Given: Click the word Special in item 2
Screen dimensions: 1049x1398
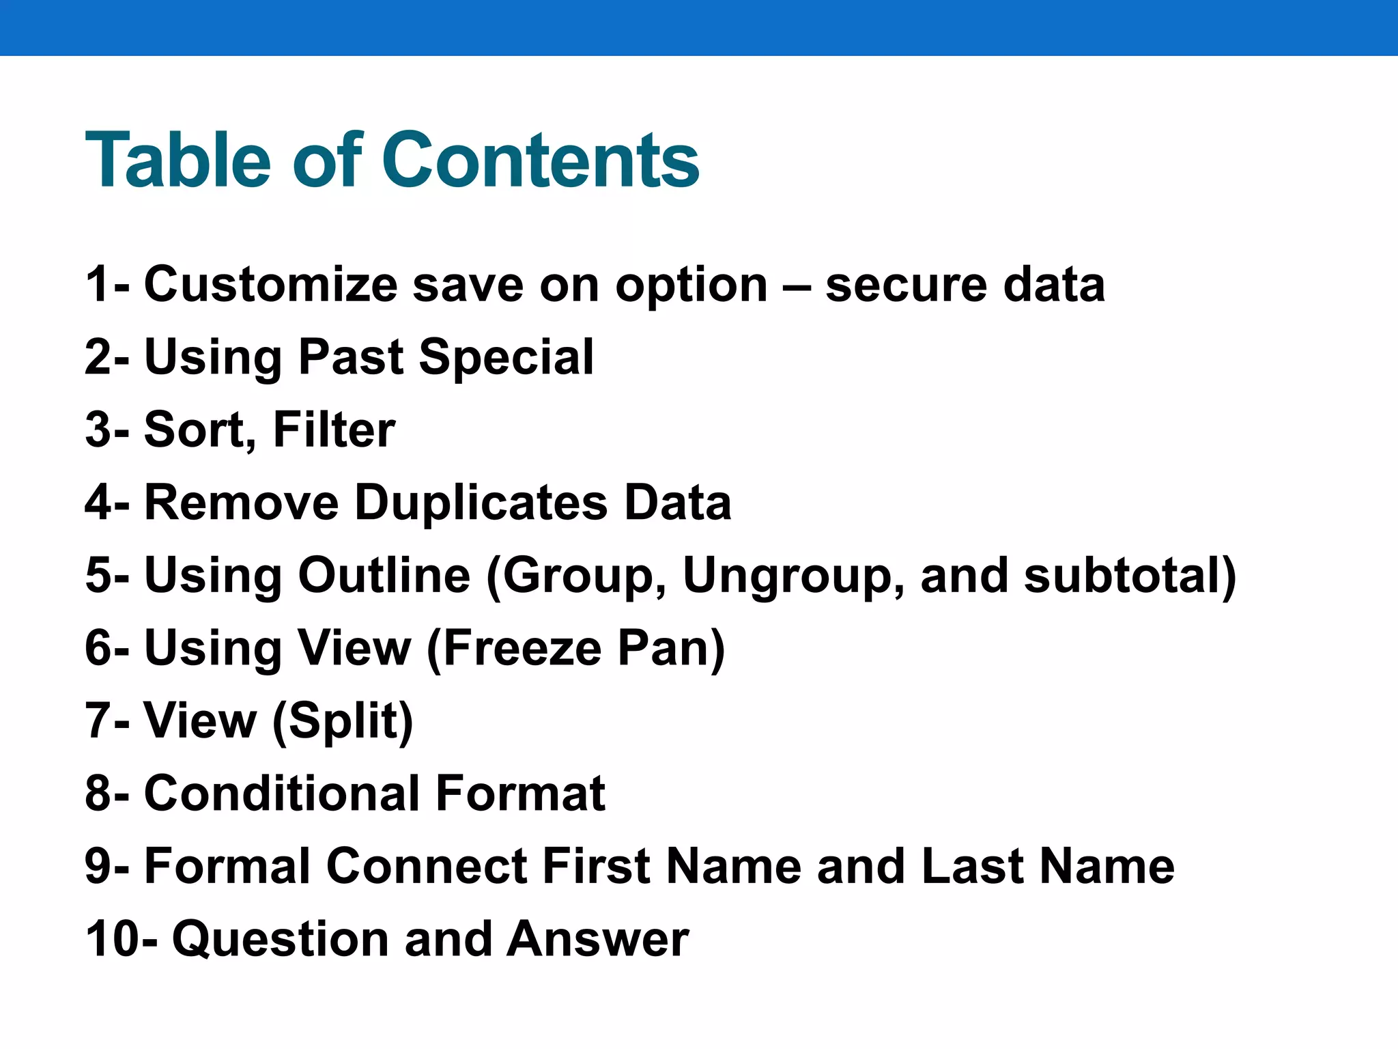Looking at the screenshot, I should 506,358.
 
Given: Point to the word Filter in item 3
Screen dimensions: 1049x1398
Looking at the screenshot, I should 334,430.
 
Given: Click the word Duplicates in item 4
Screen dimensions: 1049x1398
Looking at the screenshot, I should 481,503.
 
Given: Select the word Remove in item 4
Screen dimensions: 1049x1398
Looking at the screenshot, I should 242,503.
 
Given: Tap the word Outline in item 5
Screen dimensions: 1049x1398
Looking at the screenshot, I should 384,576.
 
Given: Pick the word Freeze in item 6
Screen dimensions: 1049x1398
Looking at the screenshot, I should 522,649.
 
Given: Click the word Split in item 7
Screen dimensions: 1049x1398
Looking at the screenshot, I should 343,721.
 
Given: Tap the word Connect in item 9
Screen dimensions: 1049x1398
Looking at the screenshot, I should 427,867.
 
